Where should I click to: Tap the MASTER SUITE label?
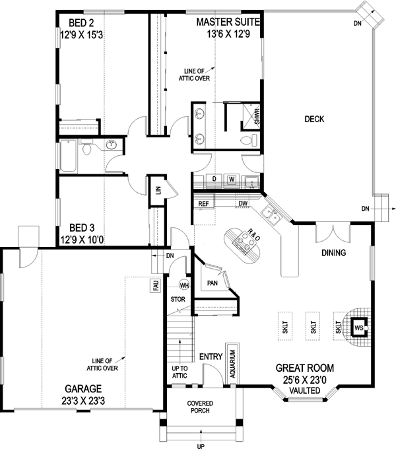229,22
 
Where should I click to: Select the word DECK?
314,119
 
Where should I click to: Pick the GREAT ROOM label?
305,368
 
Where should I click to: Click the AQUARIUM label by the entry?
232,362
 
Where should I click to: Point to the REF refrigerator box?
204,204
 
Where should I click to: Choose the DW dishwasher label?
243,204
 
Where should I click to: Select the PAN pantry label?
213,283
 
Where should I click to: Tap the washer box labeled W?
232,179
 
